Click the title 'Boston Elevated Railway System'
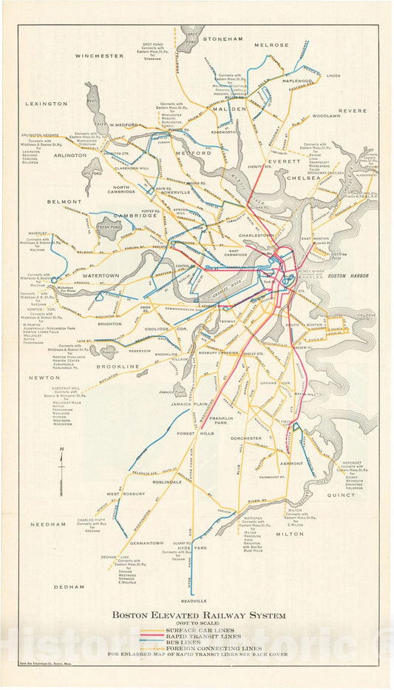coord(198,614)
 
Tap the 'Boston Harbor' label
coord(347,275)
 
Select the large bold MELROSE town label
coord(271,45)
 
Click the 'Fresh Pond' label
coord(109,227)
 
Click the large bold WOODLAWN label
coord(326,116)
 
